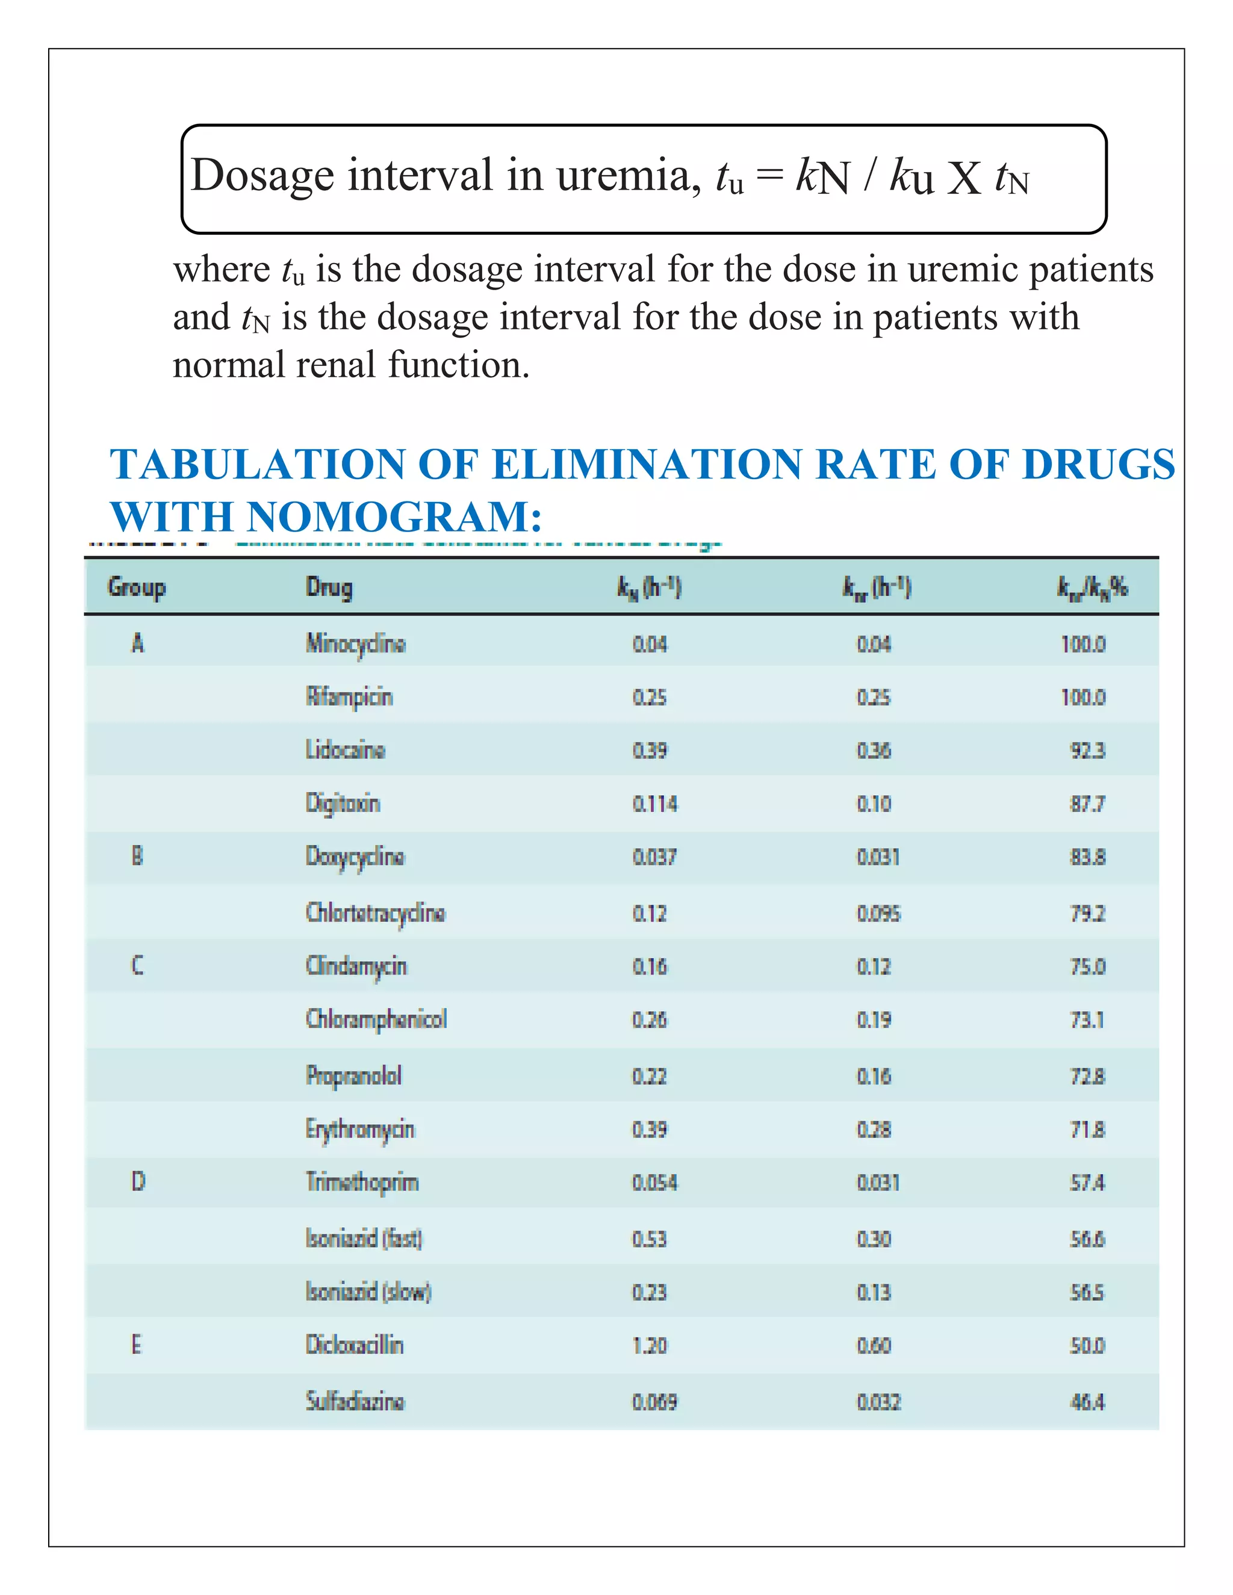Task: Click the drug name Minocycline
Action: [355, 643]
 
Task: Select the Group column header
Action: [137, 587]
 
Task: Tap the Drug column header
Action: [329, 587]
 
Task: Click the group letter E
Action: [137, 1345]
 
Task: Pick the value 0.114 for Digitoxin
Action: [654, 804]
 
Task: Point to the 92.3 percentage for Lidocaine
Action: [1088, 751]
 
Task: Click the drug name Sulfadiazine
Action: [354, 1401]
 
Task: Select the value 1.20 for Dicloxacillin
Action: [650, 1345]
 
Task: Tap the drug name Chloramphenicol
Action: [376, 1020]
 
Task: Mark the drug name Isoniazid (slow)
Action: [368, 1292]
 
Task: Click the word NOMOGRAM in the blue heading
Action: [393, 517]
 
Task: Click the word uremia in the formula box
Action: [623, 176]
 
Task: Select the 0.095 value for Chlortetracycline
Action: [879, 914]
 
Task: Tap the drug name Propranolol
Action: [353, 1076]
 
